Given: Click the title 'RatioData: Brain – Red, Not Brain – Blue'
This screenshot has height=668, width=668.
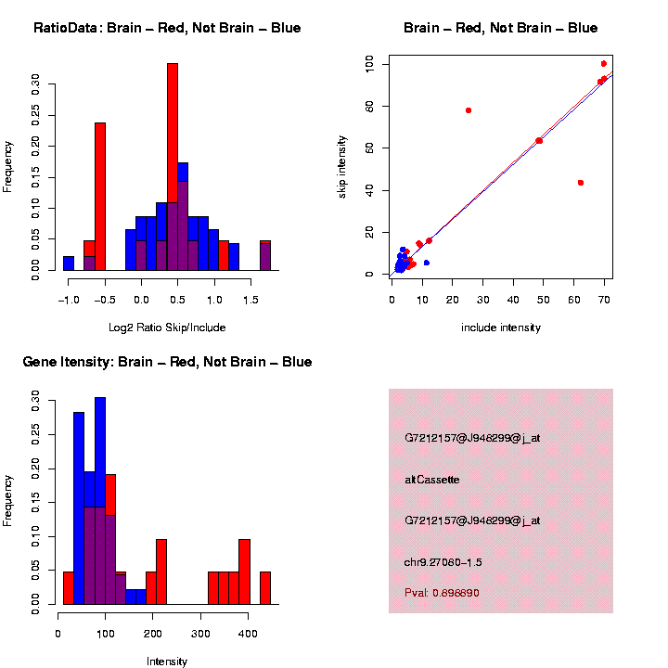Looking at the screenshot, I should click(167, 28).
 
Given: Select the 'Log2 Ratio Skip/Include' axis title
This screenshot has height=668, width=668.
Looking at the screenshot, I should click(166, 328).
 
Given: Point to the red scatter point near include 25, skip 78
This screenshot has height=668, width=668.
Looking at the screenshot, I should click(469, 110).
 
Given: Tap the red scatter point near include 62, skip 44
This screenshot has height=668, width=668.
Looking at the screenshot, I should click(581, 183).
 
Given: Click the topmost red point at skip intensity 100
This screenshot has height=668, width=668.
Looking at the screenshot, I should click(604, 64).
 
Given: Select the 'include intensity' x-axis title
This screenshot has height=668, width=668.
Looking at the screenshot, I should click(501, 328).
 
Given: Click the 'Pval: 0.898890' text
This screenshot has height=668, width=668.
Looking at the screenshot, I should click(442, 593).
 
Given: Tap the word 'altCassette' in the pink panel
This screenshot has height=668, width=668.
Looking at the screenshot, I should click(432, 480).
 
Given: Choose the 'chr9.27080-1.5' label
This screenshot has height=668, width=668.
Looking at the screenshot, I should click(443, 562).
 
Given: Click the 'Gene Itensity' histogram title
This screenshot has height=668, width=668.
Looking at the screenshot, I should click(167, 362).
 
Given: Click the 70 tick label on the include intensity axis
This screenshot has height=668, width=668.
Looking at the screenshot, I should click(604, 300).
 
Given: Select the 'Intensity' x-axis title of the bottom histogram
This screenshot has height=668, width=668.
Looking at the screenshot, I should click(167, 662).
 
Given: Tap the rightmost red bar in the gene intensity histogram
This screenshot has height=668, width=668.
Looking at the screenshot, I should click(265, 588).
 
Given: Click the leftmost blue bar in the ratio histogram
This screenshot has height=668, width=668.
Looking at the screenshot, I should click(69, 263).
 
